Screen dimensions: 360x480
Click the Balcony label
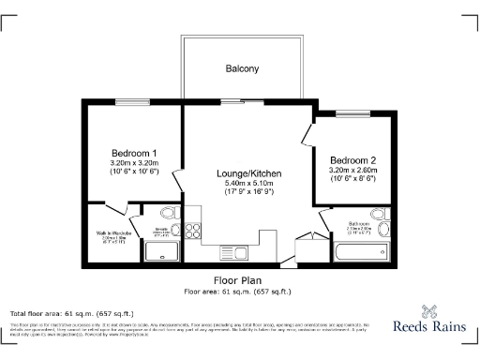241,68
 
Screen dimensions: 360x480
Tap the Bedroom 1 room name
134,153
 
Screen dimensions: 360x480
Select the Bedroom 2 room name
352,159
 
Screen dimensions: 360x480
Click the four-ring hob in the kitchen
193,231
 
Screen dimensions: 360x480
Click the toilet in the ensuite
166,215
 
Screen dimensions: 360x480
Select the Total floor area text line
58,312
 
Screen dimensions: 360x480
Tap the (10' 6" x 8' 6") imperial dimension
352,177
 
